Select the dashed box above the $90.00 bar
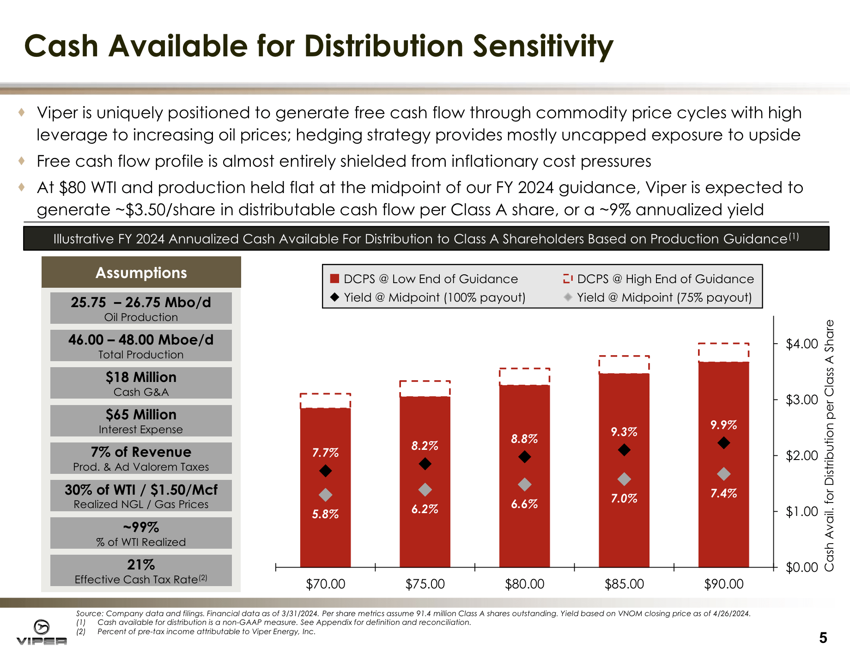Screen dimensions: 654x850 tap(723, 352)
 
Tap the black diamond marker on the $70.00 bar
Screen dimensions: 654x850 tap(326, 471)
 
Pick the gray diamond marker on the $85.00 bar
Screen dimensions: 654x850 tap(624, 479)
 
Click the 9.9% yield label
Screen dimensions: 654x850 tap(723, 425)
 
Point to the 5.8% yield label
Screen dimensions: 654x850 tap(325, 514)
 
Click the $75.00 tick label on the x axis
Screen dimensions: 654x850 tap(425, 584)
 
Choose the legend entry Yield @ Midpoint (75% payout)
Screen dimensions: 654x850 tap(658, 297)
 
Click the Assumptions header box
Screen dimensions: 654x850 tap(141, 272)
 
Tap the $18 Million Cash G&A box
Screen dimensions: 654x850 tap(141, 383)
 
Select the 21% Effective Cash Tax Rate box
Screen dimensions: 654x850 tap(141, 570)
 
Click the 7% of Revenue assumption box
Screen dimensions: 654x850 tap(141, 458)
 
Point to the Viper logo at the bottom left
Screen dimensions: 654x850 tap(42, 632)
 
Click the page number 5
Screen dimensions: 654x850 tap(823, 638)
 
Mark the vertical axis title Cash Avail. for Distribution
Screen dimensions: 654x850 tap(829, 445)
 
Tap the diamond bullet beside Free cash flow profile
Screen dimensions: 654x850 tap(22, 161)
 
